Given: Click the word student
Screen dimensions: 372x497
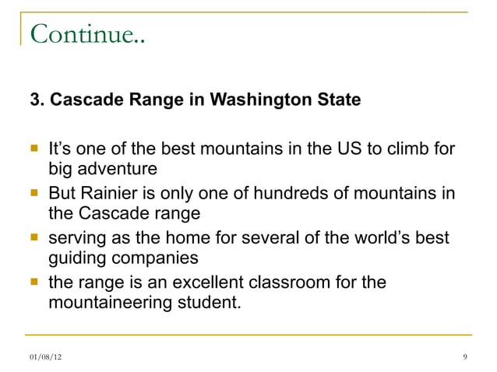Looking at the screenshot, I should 205,303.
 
